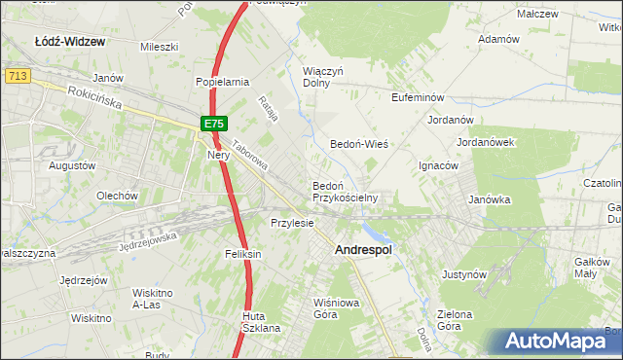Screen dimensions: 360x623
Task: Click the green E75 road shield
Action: click(215, 124)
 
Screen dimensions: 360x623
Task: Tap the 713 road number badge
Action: click(16, 75)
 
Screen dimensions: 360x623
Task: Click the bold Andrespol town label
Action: click(363, 250)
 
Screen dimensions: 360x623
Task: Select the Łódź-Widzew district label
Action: click(69, 43)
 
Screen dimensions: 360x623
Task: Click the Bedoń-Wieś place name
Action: click(359, 143)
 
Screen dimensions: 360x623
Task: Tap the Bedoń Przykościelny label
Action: click(345, 191)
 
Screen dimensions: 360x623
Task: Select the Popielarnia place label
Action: click(223, 83)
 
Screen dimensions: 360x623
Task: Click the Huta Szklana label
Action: click(261, 322)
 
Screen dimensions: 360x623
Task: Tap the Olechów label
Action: click(117, 196)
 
